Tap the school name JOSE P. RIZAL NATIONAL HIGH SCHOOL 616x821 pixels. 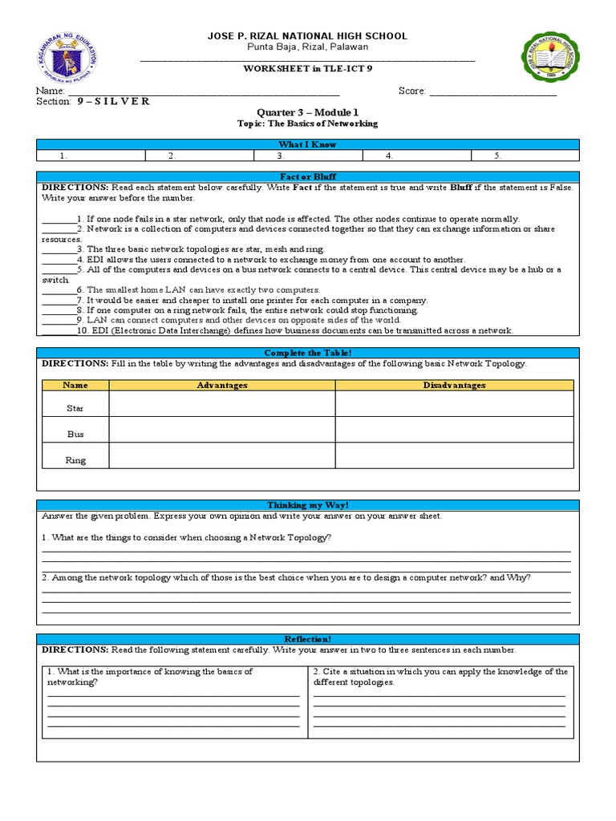[308, 36]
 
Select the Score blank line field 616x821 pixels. [492, 93]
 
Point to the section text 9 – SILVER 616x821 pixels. [113, 102]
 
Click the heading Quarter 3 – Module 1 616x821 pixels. [308, 113]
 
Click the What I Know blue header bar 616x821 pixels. [307, 144]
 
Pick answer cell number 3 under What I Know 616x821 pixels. [307, 156]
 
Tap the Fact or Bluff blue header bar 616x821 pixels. [307, 176]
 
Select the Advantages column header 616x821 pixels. [222, 386]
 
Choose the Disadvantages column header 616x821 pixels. [454, 386]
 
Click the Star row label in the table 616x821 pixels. [75, 408]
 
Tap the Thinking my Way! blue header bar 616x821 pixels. [307, 504]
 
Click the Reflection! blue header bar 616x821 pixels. [307, 638]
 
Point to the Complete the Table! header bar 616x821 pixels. [307, 353]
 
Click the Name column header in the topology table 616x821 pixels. [75, 386]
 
